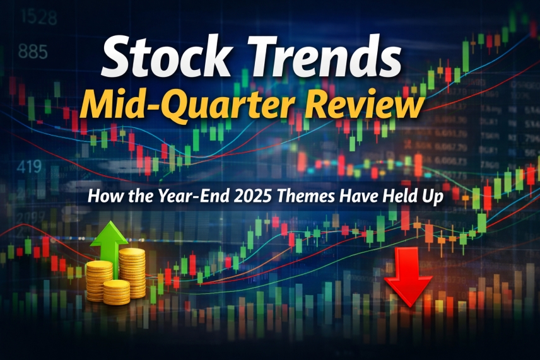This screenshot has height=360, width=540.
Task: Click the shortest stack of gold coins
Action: [x=116, y=291]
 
